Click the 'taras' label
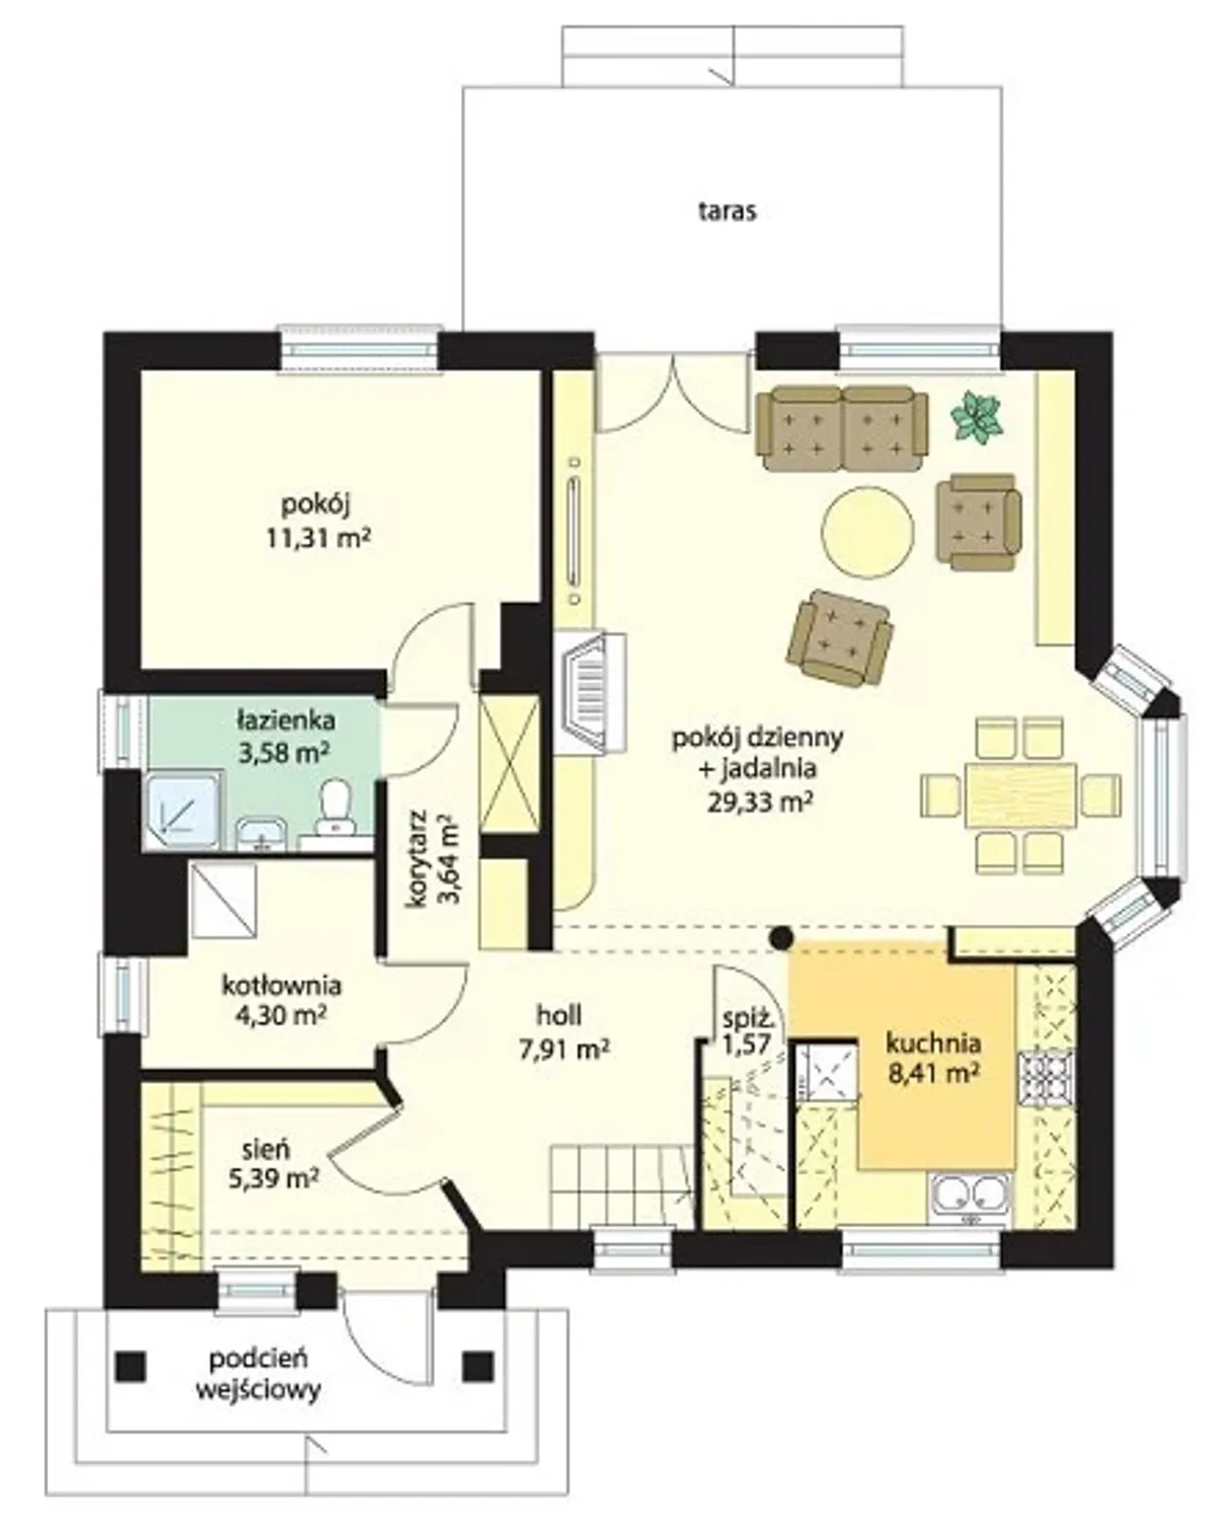726,211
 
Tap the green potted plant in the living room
977,415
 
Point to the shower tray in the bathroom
183,811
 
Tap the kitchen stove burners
1046,1079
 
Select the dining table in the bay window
1021,794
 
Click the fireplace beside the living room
591,693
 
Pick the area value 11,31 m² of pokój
318,538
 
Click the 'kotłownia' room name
282,986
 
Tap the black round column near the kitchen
782,938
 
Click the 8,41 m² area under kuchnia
932,1073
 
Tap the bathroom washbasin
261,833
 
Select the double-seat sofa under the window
843,428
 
